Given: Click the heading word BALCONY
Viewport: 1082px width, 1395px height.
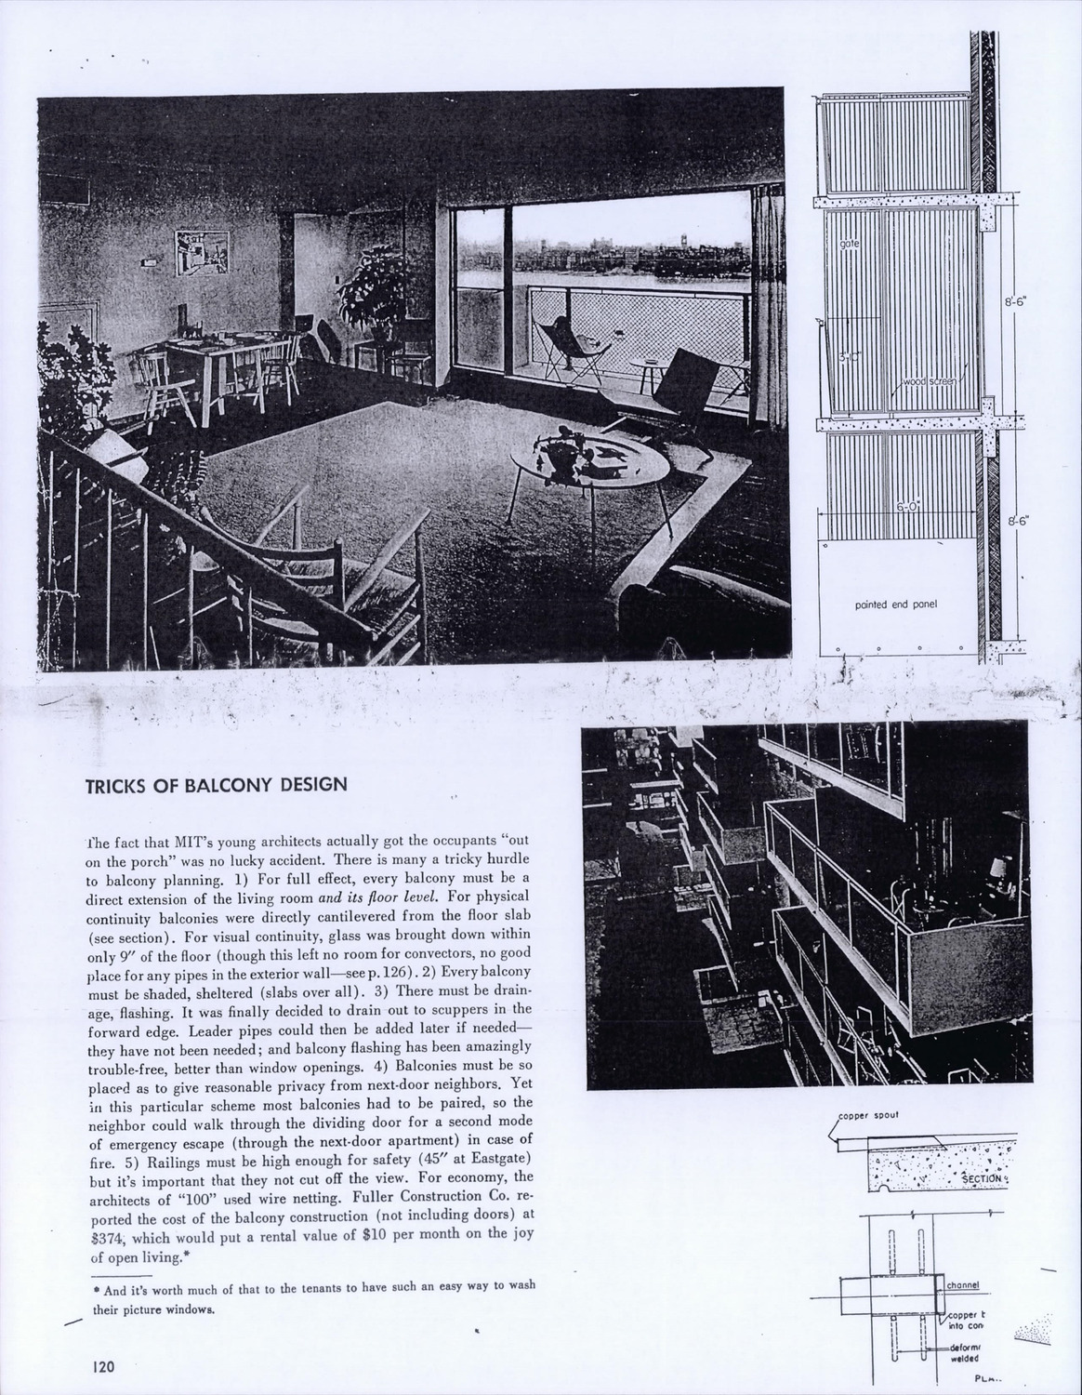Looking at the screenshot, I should [x=228, y=783].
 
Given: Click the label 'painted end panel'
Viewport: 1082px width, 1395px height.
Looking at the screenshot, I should [x=895, y=604].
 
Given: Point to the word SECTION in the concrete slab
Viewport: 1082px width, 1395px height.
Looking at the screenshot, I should [x=981, y=1178].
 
